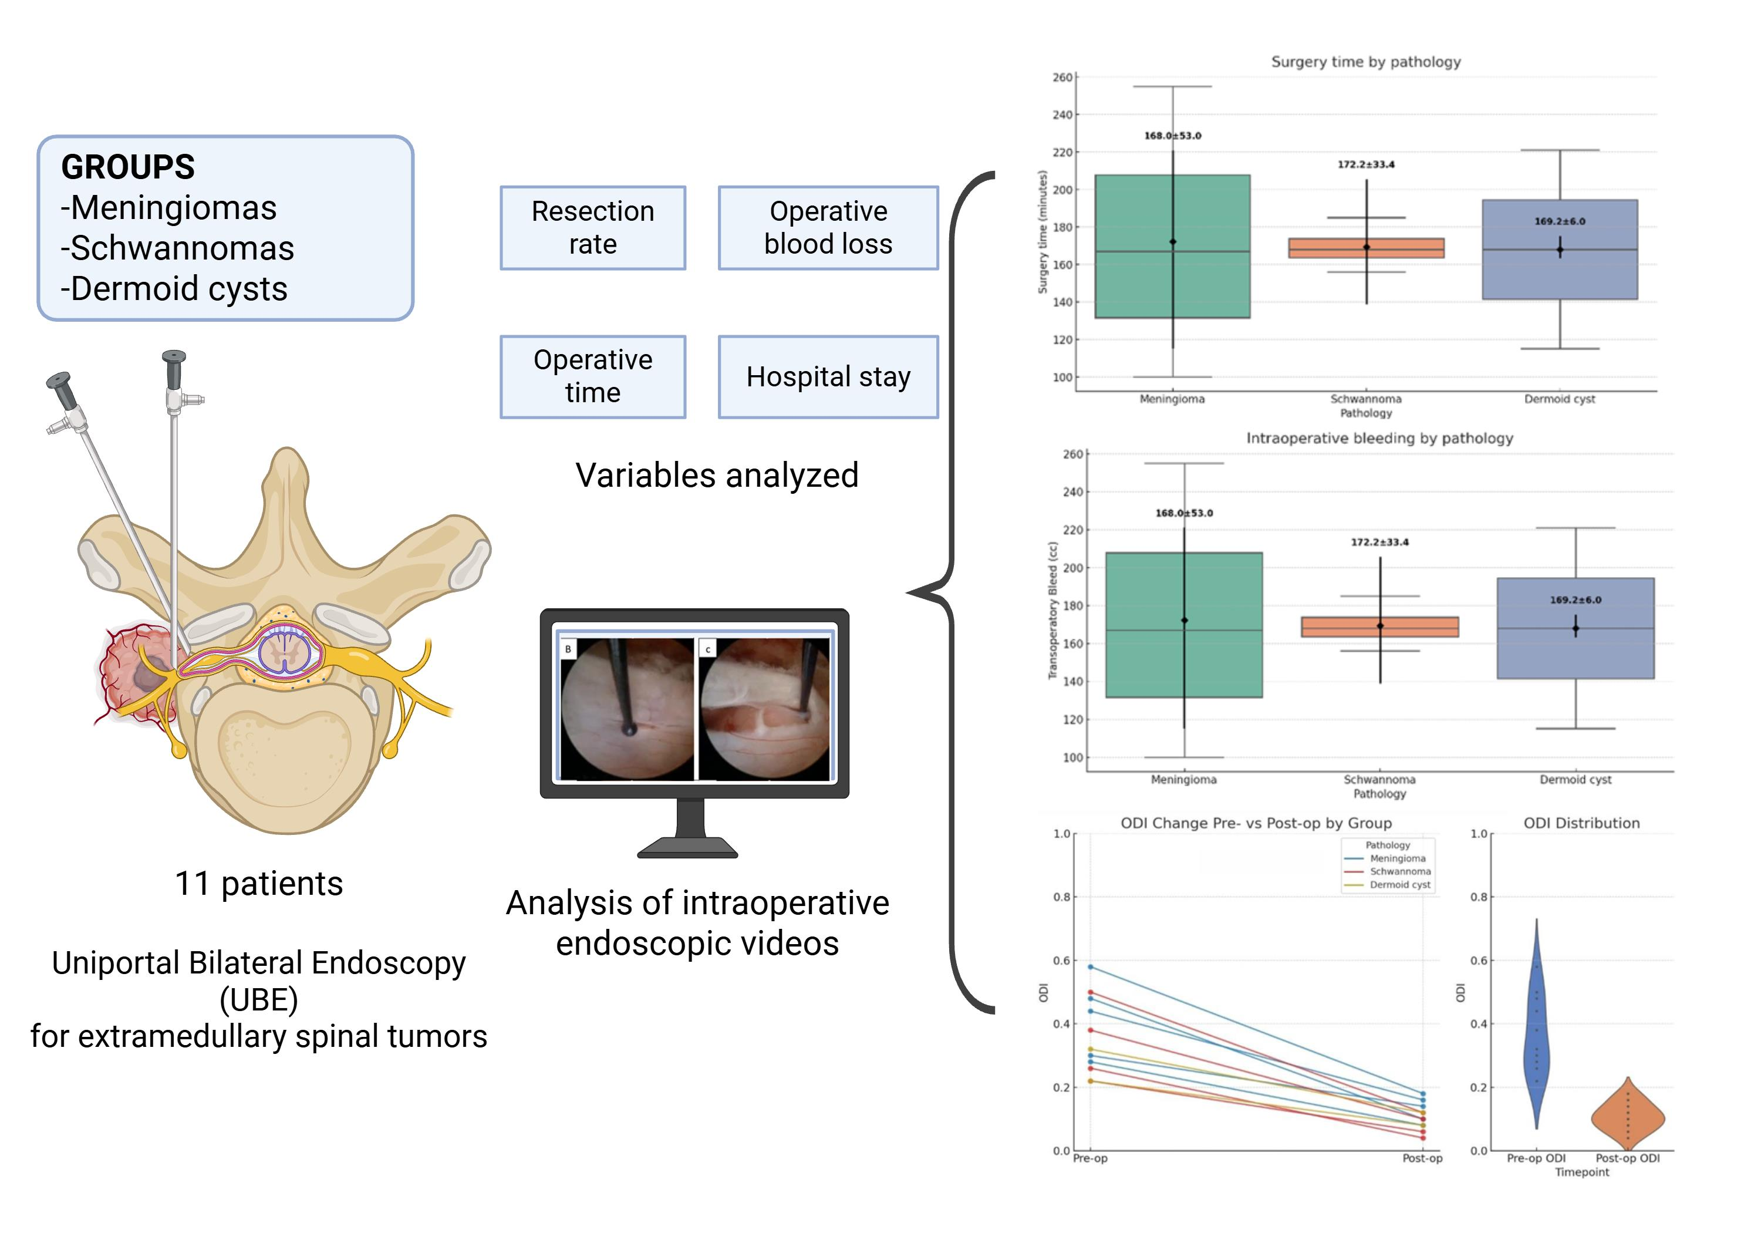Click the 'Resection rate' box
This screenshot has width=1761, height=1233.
pos(592,228)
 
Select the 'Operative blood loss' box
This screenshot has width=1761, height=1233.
pos(828,228)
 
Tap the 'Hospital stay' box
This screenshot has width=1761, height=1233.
pos(828,377)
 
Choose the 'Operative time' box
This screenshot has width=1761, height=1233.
pos(592,377)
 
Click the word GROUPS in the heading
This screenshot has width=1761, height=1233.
pos(128,167)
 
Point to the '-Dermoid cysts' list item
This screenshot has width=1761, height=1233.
pos(174,289)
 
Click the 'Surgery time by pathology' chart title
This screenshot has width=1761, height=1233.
pos(1365,62)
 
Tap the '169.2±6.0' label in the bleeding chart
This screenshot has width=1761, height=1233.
pos(1576,600)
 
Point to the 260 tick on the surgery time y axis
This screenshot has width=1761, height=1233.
pos(1063,78)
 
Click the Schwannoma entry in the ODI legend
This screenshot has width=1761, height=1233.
pos(1400,872)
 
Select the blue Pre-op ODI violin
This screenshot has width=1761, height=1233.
pos(1536,1028)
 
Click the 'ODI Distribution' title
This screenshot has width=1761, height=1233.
pos(1581,823)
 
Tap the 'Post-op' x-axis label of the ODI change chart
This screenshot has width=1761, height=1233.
pos(1422,1158)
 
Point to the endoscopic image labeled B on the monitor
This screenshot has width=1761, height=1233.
pos(627,710)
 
